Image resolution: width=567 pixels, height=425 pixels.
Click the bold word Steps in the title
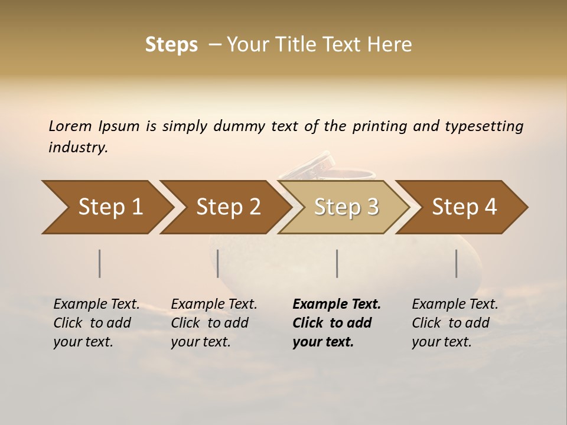click(x=171, y=45)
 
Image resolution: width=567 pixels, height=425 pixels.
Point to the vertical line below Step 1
click(x=100, y=263)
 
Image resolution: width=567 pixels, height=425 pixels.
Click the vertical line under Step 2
click(x=218, y=263)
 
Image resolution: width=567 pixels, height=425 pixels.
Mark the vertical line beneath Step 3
click(x=337, y=263)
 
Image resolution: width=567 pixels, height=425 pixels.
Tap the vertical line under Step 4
click(x=457, y=263)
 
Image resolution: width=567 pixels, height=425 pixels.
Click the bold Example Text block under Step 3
click(x=336, y=323)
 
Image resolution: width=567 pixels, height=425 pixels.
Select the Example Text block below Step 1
click(x=96, y=323)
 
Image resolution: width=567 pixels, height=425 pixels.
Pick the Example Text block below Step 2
click(x=214, y=323)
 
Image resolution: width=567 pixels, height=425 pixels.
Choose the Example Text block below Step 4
click(x=455, y=323)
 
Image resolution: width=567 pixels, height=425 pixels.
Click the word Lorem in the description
click(x=70, y=126)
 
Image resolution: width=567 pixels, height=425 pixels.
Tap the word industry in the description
click(x=77, y=148)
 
